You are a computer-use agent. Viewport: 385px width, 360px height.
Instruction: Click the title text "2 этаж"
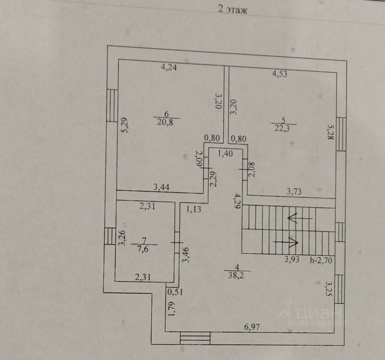coord(233,10)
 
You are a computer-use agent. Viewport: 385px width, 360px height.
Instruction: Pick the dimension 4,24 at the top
coord(170,67)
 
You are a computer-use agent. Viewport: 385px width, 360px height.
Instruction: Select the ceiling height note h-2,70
coord(321,260)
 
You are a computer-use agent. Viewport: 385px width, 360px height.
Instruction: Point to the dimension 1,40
coord(225,154)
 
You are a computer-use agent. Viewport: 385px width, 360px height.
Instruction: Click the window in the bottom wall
coord(195,339)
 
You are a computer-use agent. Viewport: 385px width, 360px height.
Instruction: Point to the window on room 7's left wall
coord(110,236)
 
